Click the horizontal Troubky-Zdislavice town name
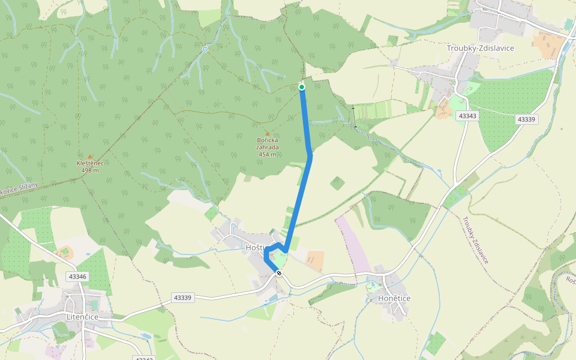481,48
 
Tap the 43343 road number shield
467,115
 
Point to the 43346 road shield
78,277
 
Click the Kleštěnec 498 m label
90,166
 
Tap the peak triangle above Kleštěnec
90,156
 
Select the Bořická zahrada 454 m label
267,147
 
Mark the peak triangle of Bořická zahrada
268,133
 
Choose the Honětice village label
394,298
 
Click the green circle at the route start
302,87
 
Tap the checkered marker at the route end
279,274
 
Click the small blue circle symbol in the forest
205,49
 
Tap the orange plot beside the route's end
314,260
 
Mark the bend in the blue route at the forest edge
310,155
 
